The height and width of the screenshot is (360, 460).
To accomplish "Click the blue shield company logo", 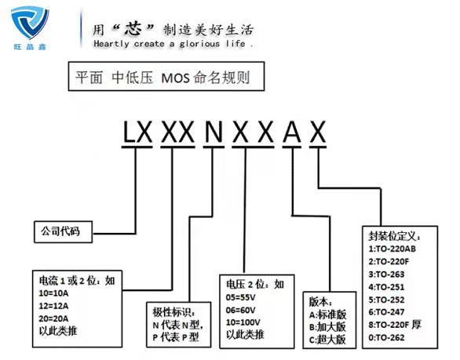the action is click(x=30, y=23).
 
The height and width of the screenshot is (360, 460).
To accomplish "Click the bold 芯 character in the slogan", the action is click(x=133, y=29).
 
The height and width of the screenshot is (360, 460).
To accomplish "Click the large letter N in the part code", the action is click(x=214, y=132).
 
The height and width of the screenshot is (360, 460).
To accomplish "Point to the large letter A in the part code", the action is click(x=292, y=132).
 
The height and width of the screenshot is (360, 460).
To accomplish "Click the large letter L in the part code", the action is click(x=129, y=132).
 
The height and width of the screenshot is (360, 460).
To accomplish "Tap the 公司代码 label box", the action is click(x=63, y=232).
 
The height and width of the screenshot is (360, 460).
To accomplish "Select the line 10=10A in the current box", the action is click(x=53, y=293).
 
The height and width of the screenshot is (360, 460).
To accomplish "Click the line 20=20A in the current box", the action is click(x=53, y=318).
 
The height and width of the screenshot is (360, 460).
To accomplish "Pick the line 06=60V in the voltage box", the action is click(x=240, y=310).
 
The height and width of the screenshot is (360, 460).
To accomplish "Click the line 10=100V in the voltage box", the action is click(x=243, y=322).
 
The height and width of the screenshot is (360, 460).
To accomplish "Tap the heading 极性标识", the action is click(x=173, y=312).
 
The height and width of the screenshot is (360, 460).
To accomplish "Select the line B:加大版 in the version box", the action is click(x=327, y=327).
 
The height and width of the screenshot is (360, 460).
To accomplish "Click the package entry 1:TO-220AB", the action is click(x=392, y=249).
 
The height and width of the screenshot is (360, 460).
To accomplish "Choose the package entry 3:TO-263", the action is click(x=386, y=275).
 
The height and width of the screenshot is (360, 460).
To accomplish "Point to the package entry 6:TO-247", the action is click(x=386, y=312).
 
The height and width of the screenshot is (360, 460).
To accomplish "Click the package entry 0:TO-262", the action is click(x=386, y=338).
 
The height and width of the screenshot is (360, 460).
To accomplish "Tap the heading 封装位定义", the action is click(x=394, y=236).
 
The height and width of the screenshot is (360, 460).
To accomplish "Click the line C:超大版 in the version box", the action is click(x=327, y=340).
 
